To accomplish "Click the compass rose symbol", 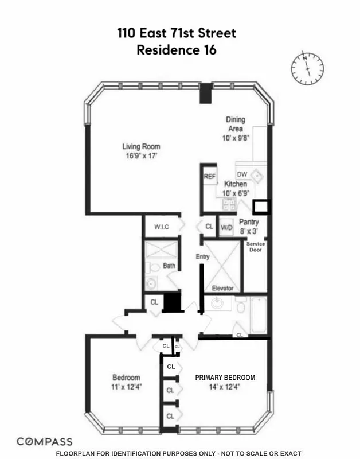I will pyautogui.click(x=307, y=67).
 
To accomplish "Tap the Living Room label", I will pyautogui.click(x=141, y=146).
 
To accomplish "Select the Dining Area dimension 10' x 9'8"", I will pyautogui.click(x=235, y=138).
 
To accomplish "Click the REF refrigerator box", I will pyautogui.click(x=210, y=177).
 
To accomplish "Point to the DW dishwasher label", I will pyautogui.click(x=242, y=174).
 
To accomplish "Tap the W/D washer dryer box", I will pyautogui.click(x=226, y=227).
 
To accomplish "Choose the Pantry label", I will pyautogui.click(x=249, y=222).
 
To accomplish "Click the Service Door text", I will pyautogui.click(x=256, y=247).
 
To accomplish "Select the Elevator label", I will pyautogui.click(x=223, y=288).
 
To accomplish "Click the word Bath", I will pyautogui.click(x=169, y=266).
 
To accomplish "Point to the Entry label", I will pyautogui.click(x=202, y=256).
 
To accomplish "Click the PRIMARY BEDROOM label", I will pyautogui.click(x=225, y=378).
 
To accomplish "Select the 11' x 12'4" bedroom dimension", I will pyautogui.click(x=127, y=386).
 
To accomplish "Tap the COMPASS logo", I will pyautogui.click(x=45, y=441).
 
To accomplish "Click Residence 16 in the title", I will pyautogui.click(x=177, y=50).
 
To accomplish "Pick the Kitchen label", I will pyautogui.click(x=235, y=184).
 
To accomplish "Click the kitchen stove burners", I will pyautogui.click(x=228, y=205).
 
